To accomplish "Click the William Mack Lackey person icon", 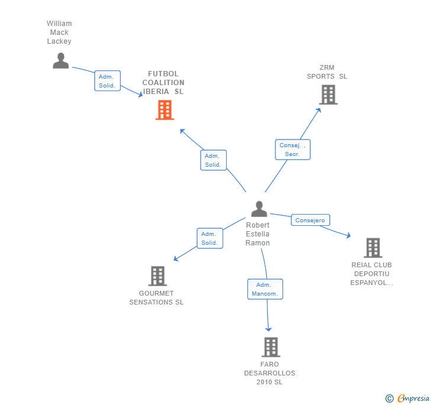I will [60, 60].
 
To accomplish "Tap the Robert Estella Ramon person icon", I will [259, 209].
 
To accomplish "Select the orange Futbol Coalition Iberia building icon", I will [165, 110].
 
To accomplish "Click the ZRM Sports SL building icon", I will [328, 95].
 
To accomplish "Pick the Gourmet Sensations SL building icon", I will [157, 276].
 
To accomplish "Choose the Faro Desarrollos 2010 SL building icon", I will [271, 347].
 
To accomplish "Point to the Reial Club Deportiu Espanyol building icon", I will [372, 248].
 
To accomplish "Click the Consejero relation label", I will [310, 220].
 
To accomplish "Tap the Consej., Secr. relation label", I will [292, 150].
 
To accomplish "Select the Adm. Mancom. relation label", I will [265, 289].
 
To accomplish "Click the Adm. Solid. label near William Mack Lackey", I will [107, 81].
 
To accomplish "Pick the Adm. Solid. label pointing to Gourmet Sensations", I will [210, 238].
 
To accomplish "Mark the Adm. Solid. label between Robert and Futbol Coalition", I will [213, 160].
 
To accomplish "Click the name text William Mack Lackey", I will [59, 33].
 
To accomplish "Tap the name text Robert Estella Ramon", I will [258, 234].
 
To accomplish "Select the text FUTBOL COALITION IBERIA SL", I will [163, 83].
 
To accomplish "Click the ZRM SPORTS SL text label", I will [327, 72].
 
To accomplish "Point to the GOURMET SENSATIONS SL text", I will [156, 298].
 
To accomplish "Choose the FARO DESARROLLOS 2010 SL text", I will [269, 373].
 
